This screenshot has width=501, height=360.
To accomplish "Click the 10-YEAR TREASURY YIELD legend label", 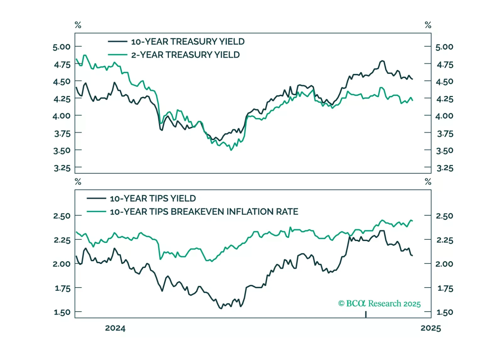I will click(x=187, y=42).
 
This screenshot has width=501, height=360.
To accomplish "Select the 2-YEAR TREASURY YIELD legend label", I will click(x=185, y=55).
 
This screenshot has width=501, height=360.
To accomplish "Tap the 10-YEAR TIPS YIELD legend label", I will click(x=153, y=199).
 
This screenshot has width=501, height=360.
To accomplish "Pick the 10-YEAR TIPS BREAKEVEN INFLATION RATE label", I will click(x=204, y=212).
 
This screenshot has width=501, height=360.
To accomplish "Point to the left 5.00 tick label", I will click(x=62, y=47).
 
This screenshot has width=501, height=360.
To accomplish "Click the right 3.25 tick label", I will click(x=445, y=168).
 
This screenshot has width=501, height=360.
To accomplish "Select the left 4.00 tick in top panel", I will click(x=62, y=116).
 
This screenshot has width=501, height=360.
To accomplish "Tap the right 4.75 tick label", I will click(x=445, y=65).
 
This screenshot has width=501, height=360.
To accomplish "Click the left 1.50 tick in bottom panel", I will click(x=62, y=312).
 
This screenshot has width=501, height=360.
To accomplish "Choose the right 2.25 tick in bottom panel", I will click(x=445, y=240).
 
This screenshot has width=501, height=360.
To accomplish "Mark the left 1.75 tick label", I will click(x=63, y=288).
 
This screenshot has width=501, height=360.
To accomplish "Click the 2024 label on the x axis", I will click(x=115, y=328).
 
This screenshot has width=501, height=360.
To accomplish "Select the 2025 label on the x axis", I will click(x=431, y=328).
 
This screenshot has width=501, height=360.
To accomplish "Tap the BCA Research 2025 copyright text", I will click(x=379, y=304).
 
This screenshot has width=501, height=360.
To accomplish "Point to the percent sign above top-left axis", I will click(x=78, y=25).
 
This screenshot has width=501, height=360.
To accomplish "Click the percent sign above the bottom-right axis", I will click(x=428, y=182).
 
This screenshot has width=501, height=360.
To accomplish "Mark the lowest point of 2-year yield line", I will click(x=231, y=150).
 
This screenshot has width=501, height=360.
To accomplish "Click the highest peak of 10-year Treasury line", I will click(x=382, y=61).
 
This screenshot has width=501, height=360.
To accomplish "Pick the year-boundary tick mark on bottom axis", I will click(x=366, y=314).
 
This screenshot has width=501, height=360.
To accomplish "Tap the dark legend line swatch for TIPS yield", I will click(x=96, y=199).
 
